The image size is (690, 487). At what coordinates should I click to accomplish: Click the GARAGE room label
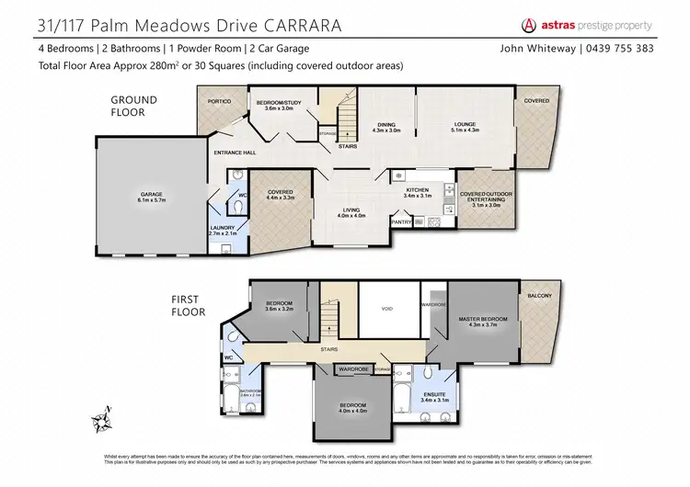pyautogui.click(x=152, y=195)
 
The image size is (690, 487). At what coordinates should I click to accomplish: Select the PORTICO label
pyautogui.click(x=219, y=101)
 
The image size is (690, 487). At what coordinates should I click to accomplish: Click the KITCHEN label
pyautogui.click(x=418, y=190)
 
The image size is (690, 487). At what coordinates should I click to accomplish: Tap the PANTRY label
pyautogui.click(x=400, y=221)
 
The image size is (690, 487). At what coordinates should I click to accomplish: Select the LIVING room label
pyautogui.click(x=352, y=210)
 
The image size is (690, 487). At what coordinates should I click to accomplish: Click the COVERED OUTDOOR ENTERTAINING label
pyautogui.click(x=486, y=196)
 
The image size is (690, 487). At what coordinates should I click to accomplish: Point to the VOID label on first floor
pyautogui.click(x=387, y=309)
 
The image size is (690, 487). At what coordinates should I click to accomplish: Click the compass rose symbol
pyautogui.click(x=101, y=420)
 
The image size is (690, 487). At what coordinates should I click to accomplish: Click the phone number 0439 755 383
pyautogui.click(x=640, y=48)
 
